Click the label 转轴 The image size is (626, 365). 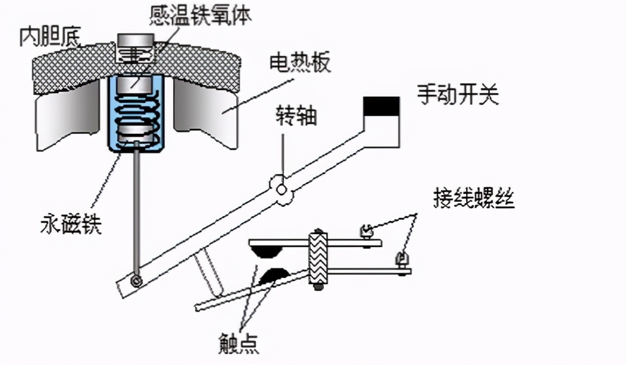[297, 116]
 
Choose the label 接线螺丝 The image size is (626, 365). [474, 200]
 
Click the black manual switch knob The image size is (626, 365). [381, 106]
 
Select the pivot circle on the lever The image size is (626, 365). [282, 189]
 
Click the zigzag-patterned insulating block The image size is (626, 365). [318, 259]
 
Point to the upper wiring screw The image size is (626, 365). [366, 232]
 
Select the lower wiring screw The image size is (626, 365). [401, 260]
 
